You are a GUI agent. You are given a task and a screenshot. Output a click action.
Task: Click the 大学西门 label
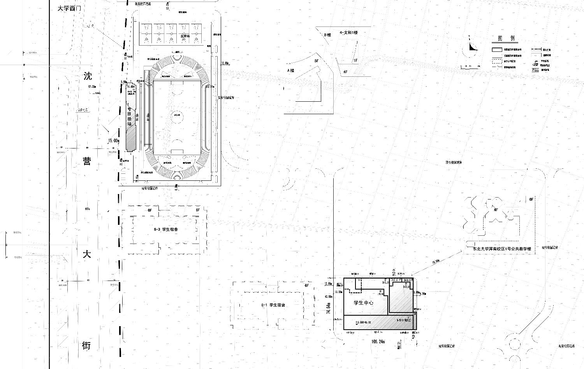69,8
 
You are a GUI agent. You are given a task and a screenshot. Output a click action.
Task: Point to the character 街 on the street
87,345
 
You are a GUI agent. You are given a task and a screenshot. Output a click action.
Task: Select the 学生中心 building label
364,303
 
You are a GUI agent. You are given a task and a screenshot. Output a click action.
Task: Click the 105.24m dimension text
378,342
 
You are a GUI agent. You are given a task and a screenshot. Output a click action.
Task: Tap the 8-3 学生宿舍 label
166,230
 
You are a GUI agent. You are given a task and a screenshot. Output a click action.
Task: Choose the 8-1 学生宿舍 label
273,305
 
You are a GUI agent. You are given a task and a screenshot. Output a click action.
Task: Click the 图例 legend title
506,38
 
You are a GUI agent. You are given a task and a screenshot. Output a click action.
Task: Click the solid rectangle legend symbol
496,50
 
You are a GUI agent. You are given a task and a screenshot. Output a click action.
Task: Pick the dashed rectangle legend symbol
496,61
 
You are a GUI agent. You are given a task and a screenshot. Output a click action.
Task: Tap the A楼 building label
290,71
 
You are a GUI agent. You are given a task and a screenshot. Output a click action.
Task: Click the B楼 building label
327,35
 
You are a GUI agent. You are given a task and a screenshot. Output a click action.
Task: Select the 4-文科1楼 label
348,33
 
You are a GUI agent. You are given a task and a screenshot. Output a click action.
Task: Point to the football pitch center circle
178,115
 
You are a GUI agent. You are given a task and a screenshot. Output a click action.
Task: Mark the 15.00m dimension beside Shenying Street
114,141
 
